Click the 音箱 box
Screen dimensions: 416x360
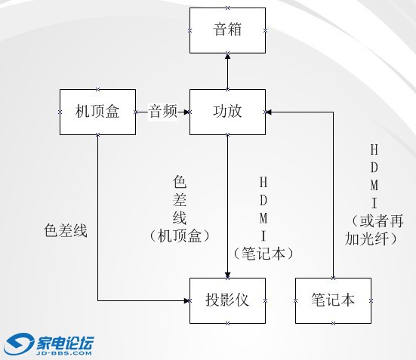tap(227, 30)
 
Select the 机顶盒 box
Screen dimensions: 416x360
tap(97, 112)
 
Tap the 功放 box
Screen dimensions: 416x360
tap(227, 112)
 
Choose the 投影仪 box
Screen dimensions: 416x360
tap(227, 300)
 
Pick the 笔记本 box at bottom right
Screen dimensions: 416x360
tap(333, 300)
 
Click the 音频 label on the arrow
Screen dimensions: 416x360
tap(162, 111)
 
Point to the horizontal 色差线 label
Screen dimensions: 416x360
tap(66, 230)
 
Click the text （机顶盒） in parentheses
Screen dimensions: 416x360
tap(180, 235)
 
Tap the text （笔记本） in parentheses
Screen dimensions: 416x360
tap(263, 253)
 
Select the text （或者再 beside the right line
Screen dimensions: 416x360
tap(377, 220)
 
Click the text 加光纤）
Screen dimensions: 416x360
tap(371, 238)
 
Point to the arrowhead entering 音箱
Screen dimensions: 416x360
tap(227, 56)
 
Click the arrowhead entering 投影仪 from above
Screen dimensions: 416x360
tap(227, 275)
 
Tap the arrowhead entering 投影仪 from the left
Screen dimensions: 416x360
tap(186, 300)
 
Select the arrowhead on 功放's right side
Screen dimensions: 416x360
tap(268, 112)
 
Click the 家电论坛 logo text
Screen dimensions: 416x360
tap(65, 343)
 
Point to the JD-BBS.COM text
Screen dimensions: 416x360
tap(63, 353)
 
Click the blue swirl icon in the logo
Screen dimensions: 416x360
tap(19, 344)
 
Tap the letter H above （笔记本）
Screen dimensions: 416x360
tap(263, 182)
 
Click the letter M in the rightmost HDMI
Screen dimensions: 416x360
tap(374, 185)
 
